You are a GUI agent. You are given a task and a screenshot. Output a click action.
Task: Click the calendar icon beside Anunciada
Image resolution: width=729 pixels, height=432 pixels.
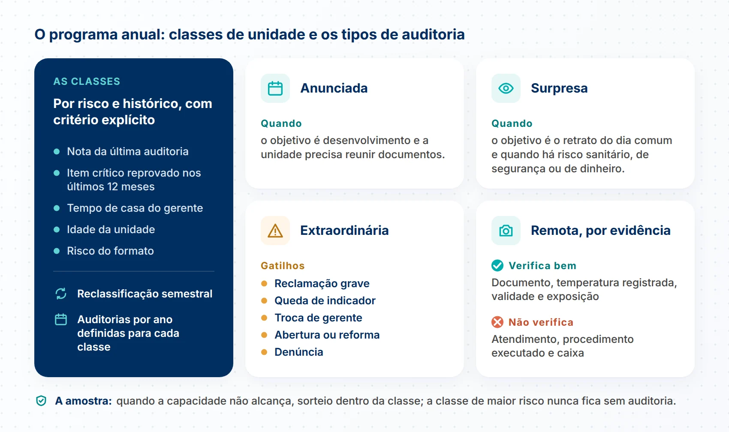[275, 88]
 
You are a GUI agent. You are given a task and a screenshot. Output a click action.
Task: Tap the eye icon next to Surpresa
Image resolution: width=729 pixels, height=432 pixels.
[506, 88]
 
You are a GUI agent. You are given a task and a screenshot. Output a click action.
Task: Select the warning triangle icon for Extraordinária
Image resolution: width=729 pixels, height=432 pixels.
[275, 231]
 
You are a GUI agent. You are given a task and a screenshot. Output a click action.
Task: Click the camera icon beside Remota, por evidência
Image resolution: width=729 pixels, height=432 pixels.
[506, 231]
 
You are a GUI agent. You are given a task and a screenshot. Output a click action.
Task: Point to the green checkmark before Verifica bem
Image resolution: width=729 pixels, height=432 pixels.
[497, 265]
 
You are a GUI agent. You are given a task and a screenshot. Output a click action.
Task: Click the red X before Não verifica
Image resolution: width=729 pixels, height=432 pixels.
[497, 322]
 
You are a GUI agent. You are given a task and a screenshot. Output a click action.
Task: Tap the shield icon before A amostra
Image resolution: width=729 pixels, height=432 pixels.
[41, 401]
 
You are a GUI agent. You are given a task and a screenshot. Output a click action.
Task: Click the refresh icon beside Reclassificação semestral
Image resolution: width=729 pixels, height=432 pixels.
[61, 294]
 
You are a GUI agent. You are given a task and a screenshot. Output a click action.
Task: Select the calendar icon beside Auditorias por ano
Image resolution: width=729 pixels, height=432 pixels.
[61, 319]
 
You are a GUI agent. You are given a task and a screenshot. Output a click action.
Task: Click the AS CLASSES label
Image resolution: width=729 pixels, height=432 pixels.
[87, 81]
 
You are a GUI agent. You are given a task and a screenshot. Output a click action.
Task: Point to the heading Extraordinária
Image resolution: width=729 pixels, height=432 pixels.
[344, 230]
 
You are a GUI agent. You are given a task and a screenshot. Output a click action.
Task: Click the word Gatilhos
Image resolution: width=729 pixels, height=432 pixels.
[283, 266]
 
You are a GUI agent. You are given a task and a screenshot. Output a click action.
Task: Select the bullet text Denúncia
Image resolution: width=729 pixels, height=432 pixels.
[299, 352]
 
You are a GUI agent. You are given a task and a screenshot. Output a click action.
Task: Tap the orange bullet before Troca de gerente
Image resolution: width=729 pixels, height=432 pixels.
[264, 318]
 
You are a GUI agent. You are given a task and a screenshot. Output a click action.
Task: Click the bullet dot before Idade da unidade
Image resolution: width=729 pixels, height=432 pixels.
[57, 230]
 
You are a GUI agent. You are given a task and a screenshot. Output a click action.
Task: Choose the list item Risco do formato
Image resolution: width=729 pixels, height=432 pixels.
[110, 251]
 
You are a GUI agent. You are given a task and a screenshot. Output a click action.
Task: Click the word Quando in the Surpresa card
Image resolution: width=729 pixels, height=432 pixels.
[512, 123]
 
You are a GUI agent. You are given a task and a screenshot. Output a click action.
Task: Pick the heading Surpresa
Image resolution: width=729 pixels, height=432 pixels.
[559, 88]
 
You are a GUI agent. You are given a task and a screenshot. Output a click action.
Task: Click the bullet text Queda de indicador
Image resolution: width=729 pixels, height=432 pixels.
[325, 300]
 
